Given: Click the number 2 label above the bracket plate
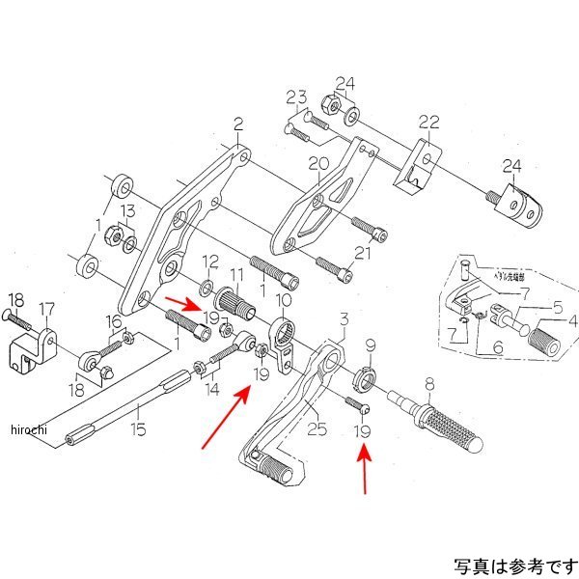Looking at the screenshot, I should (236, 124).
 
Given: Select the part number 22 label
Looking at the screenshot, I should (427, 122).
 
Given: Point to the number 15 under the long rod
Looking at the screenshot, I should (139, 429).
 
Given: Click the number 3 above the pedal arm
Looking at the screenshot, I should (343, 318).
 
